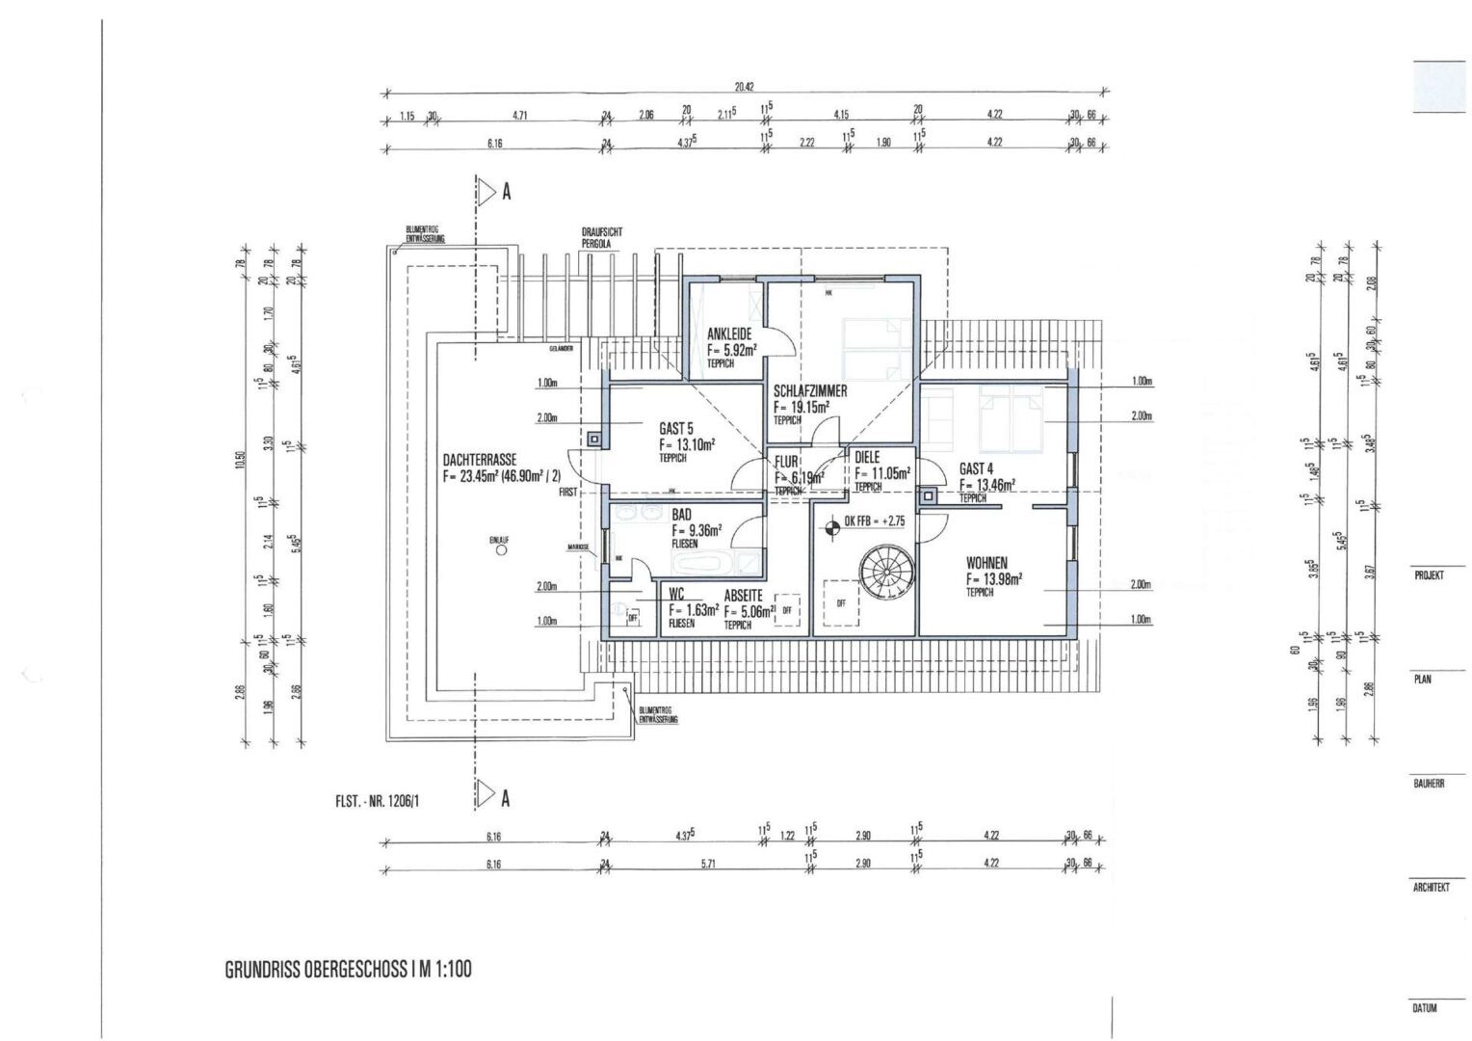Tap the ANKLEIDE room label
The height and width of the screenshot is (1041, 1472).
(729, 334)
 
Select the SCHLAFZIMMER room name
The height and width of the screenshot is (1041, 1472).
(810, 392)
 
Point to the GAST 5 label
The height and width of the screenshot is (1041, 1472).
(676, 428)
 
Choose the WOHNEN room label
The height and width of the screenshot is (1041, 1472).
(986, 562)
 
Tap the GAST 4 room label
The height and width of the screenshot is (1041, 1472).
(976, 468)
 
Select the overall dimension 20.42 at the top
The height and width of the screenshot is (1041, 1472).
(744, 86)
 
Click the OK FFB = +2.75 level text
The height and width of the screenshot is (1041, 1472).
(874, 521)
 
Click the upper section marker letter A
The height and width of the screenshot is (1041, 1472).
(505, 192)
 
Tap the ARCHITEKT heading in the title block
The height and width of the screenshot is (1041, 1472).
(1431, 888)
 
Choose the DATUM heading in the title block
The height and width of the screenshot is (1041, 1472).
(1425, 1008)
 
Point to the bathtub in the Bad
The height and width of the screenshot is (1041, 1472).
(710, 563)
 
